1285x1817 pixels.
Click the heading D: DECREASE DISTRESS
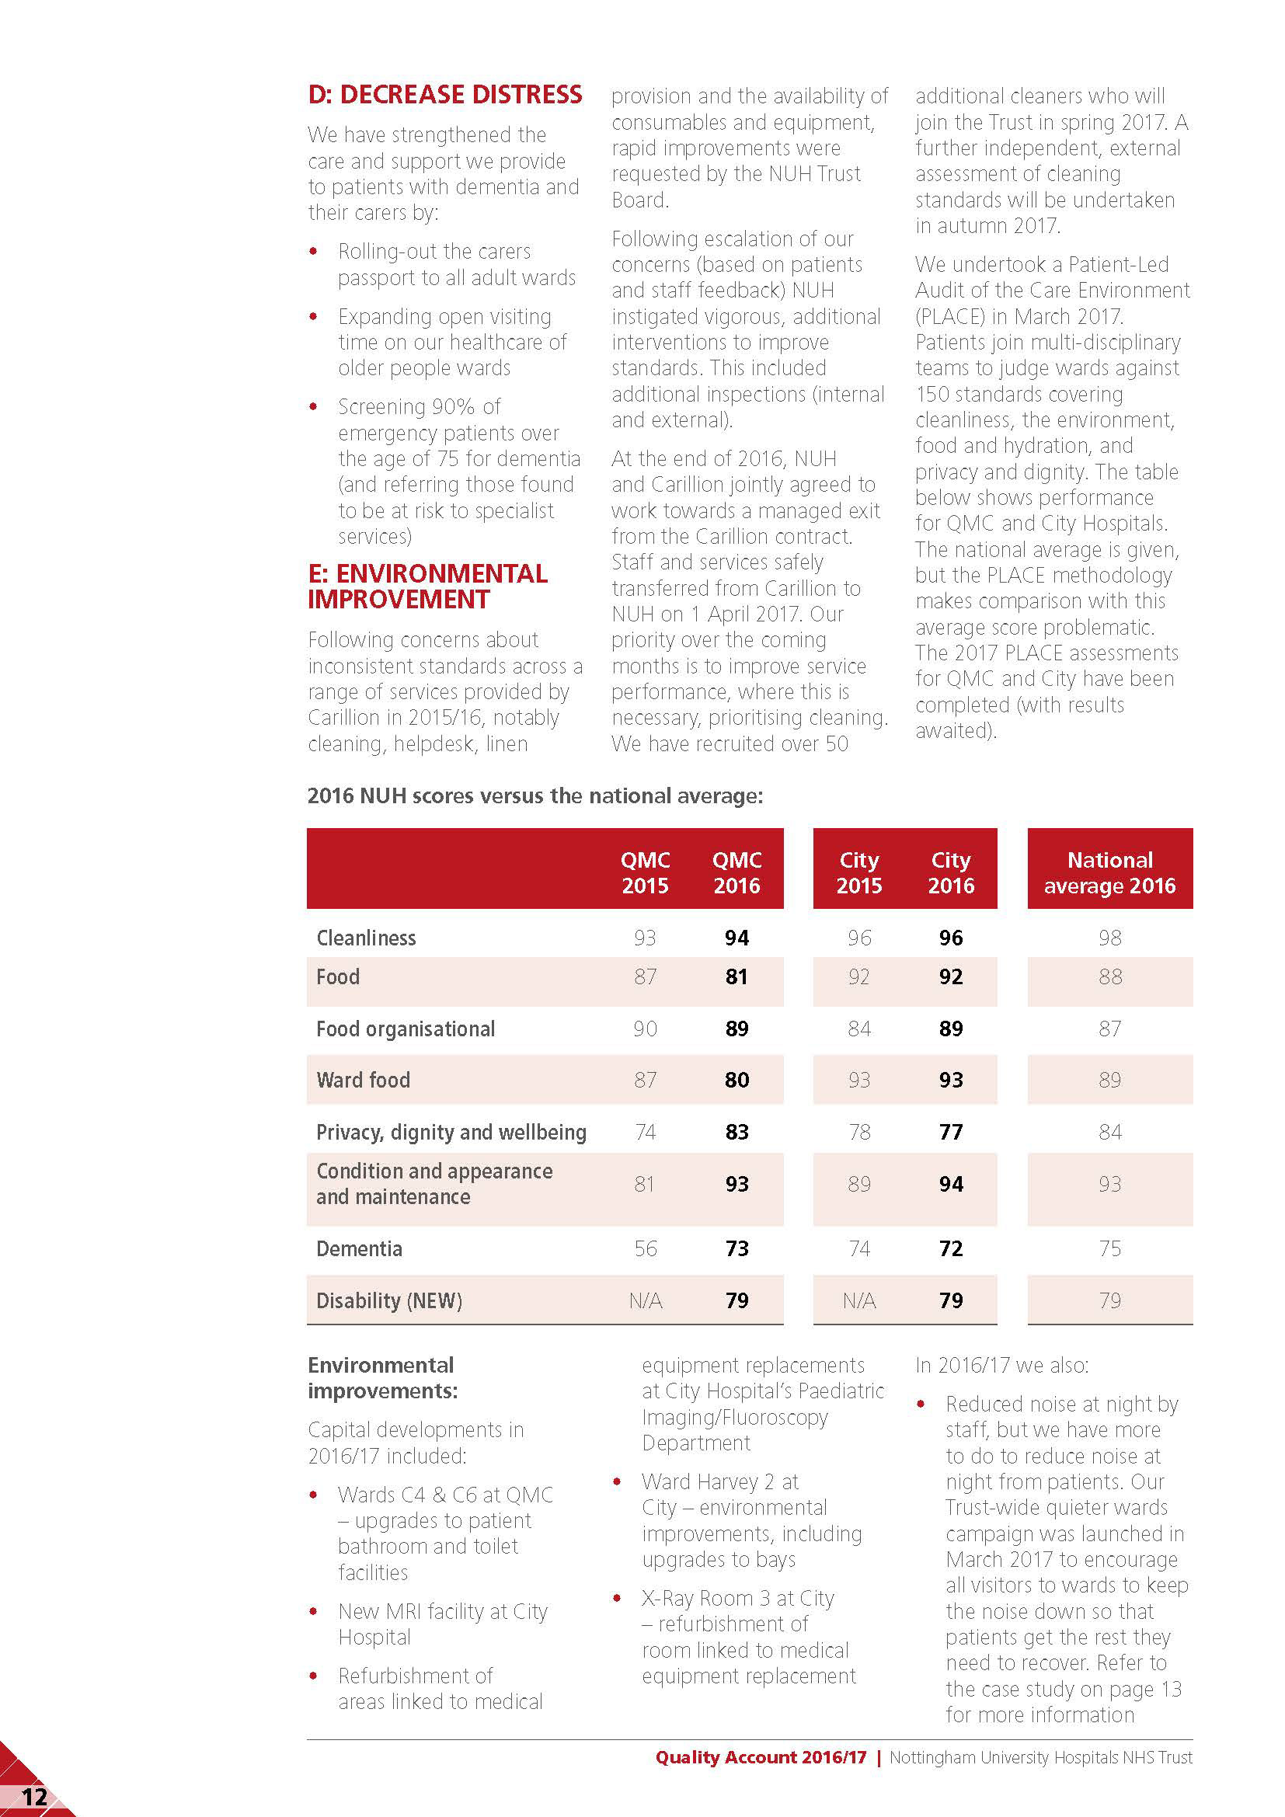coord(444,95)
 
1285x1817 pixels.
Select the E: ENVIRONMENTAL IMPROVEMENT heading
coord(427,587)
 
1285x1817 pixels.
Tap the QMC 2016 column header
coord(737,872)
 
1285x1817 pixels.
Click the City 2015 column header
coord(858,872)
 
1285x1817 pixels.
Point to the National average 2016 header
coord(1109,872)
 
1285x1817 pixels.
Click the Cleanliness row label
coord(367,938)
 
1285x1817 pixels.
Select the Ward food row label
coord(363,1081)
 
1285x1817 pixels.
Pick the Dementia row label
coord(359,1249)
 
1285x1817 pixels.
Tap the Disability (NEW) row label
coord(389,1301)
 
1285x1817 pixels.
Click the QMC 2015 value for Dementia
coord(645,1249)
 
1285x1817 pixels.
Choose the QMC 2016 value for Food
coord(737,976)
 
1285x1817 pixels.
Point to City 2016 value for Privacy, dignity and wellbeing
coord(950,1133)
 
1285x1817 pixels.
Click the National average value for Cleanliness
coord(1109,938)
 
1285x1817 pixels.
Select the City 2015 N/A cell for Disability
coord(858,1301)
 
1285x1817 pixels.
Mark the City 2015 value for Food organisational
coord(858,1029)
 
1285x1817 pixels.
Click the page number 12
coord(34,1798)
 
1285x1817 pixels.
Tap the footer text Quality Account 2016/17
coord(761,1758)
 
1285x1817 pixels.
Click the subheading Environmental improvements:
coord(382,1378)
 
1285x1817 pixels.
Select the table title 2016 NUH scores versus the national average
coord(535,795)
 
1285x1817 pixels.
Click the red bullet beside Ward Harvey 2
coord(617,1481)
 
